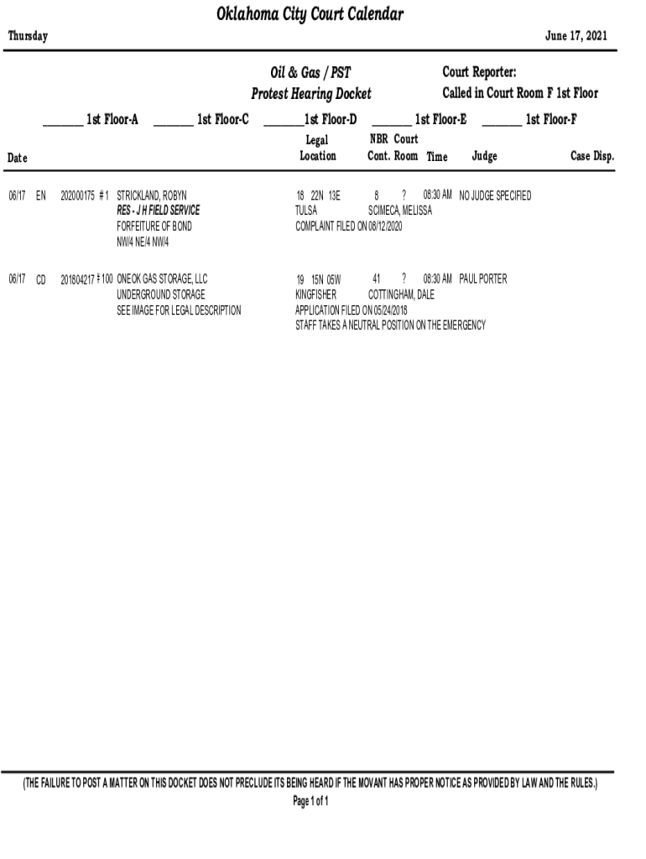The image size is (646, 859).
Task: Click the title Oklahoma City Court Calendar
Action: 310,15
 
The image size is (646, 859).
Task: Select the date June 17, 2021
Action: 576,36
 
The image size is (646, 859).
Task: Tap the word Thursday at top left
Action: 28,36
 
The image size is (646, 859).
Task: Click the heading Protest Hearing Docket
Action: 310,93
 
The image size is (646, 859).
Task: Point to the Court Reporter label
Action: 479,73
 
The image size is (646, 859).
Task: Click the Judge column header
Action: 484,156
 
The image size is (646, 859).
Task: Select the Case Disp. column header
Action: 592,156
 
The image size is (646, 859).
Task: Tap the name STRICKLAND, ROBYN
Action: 152,195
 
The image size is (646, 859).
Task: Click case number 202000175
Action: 79,195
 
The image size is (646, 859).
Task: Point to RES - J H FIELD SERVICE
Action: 158,211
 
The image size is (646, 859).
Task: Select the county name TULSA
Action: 306,211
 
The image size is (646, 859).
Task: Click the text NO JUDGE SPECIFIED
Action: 495,195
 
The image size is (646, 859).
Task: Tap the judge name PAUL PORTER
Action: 483,279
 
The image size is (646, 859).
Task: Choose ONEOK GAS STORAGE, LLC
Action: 162,279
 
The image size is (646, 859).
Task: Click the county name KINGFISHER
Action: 315,294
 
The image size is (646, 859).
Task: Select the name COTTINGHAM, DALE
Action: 401,294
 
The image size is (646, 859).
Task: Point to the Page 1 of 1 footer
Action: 310,802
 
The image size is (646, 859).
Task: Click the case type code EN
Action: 41,195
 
